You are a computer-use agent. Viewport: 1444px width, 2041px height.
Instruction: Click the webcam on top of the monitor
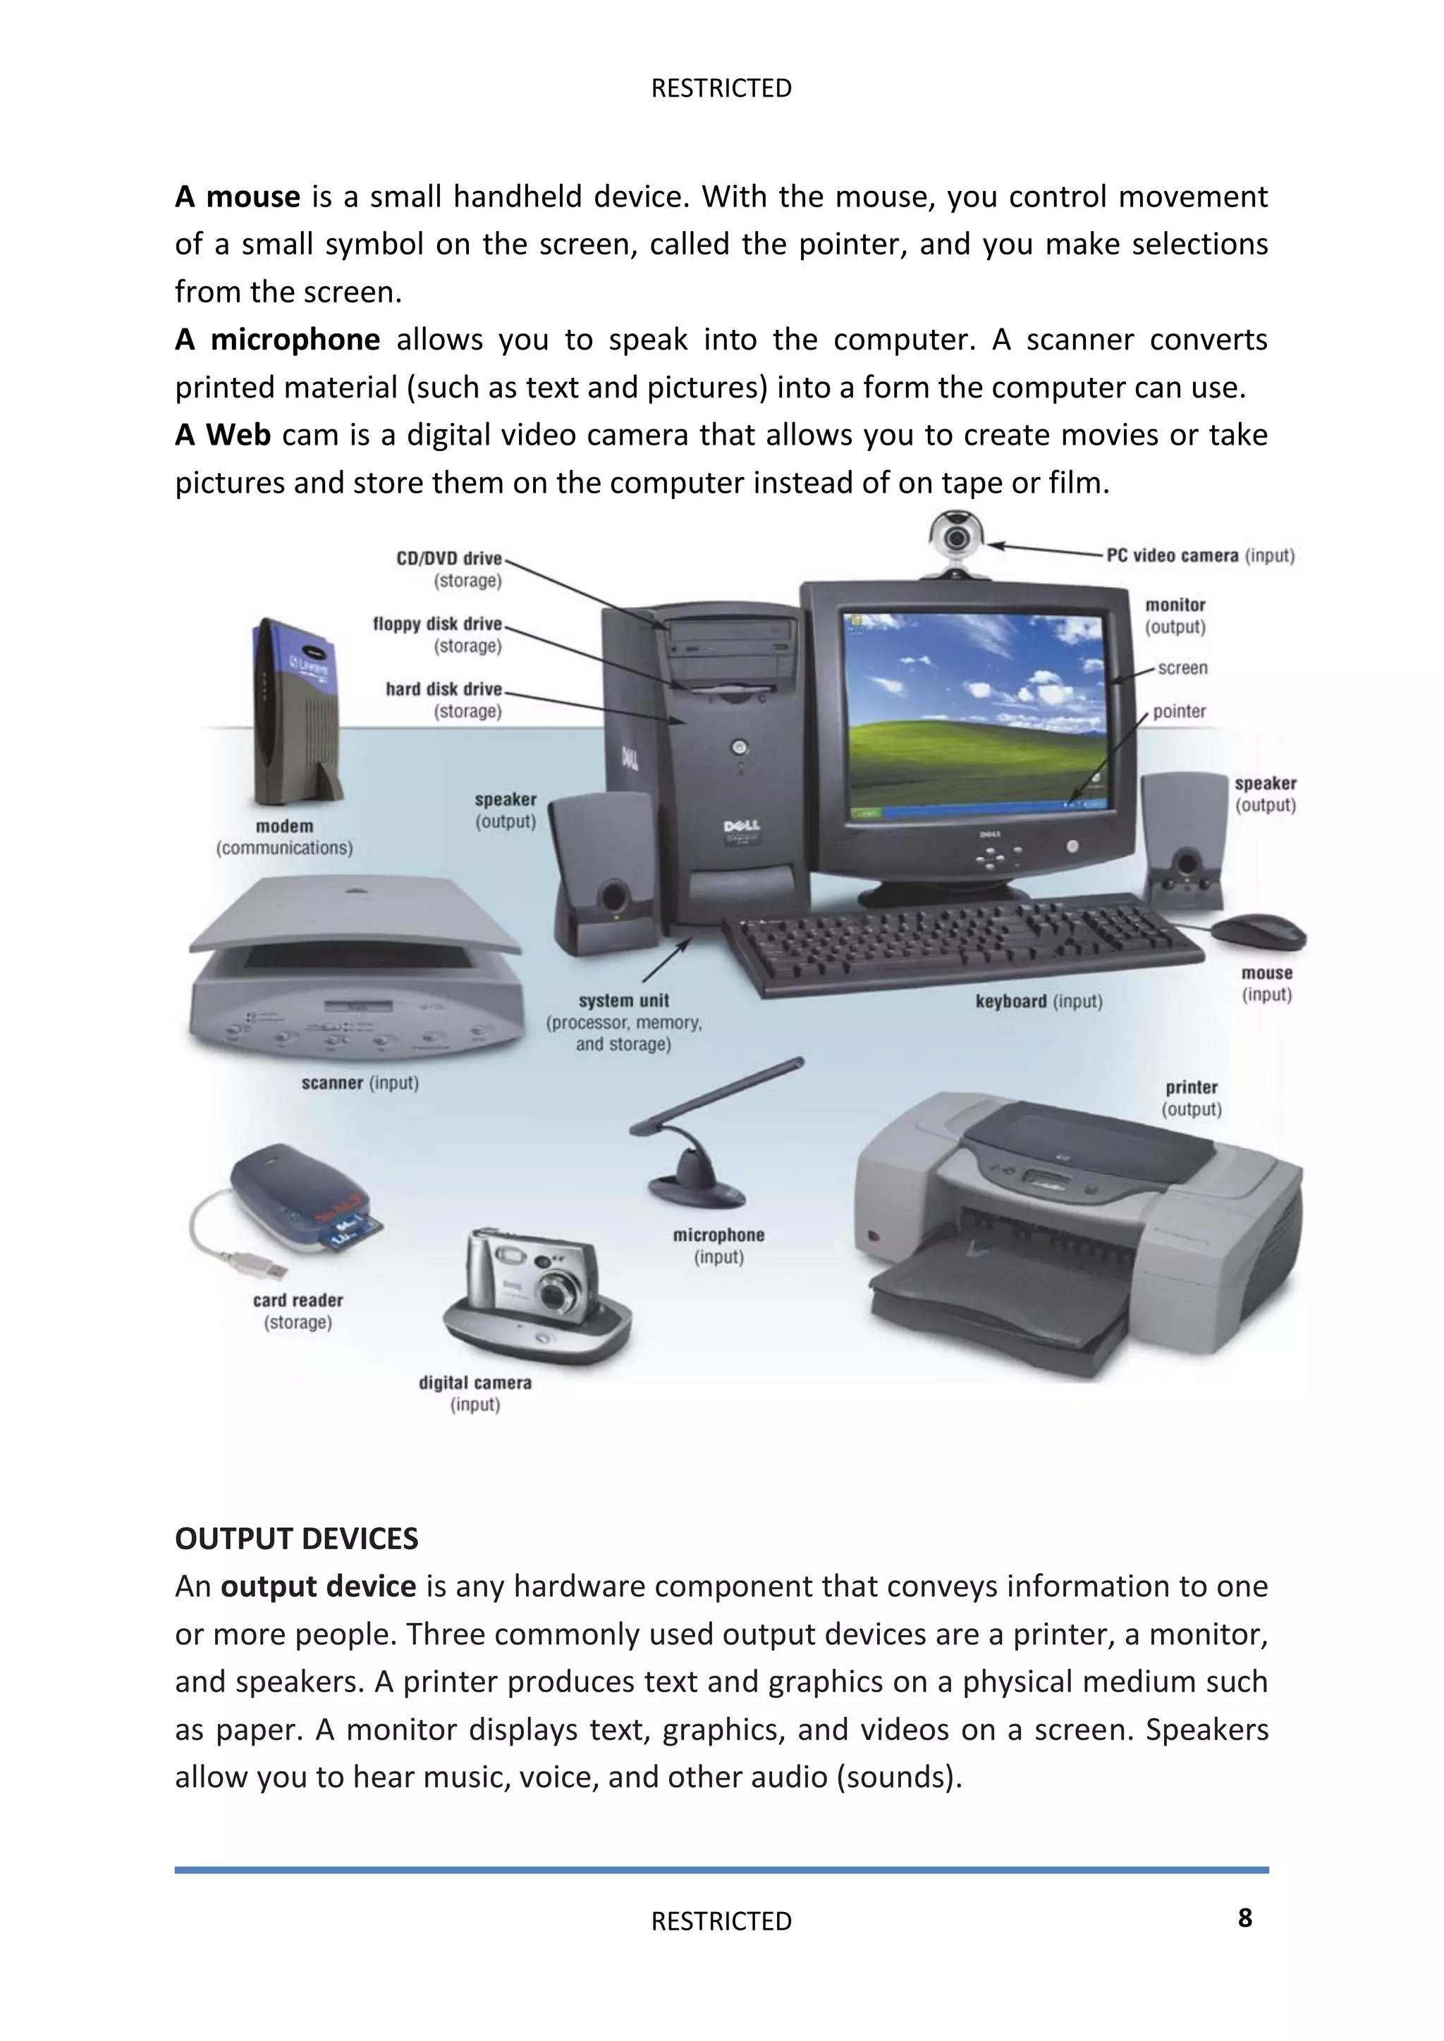point(956,537)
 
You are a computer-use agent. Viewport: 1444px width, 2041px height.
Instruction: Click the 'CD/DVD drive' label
point(449,558)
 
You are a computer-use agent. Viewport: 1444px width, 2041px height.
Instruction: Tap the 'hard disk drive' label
point(443,689)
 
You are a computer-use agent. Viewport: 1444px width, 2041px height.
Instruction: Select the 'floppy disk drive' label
point(437,624)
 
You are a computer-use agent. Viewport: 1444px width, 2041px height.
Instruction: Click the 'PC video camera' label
point(1172,555)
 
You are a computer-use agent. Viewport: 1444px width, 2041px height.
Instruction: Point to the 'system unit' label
point(623,1001)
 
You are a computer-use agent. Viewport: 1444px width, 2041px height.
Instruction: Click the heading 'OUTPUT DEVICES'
point(296,1539)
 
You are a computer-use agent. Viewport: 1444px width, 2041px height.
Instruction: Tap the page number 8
point(1245,1918)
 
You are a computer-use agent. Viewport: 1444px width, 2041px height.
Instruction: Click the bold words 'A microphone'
point(277,340)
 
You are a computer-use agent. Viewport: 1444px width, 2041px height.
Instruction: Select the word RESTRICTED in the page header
point(721,88)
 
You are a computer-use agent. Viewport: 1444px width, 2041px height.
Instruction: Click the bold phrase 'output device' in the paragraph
point(318,1586)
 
